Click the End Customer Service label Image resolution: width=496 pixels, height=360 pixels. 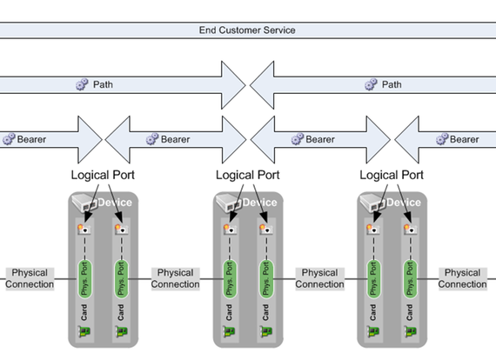click(247, 30)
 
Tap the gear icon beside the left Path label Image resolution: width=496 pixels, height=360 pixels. click(82, 84)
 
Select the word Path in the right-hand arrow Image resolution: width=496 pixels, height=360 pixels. click(392, 84)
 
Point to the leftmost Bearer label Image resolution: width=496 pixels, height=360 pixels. click(31, 139)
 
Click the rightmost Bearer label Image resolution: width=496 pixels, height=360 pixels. click(464, 139)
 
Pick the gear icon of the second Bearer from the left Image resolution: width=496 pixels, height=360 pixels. click(152, 139)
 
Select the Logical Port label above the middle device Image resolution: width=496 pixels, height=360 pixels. click(248, 175)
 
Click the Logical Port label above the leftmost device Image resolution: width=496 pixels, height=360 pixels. click(103, 175)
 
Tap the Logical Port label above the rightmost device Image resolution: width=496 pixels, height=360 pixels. click(392, 175)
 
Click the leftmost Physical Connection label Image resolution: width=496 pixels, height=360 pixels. click(30, 278)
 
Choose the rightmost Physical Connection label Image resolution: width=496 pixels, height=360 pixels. click(462, 278)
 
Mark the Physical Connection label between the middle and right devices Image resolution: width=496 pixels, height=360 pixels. click(319, 278)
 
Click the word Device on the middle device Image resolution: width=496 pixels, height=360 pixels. click(259, 203)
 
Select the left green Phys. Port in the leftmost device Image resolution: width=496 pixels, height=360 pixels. click(84, 279)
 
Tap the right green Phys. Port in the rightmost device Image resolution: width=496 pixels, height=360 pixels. click(410, 279)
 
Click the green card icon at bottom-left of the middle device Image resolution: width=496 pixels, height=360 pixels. click(230, 331)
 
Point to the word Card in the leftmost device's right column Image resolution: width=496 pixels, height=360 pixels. click(121, 312)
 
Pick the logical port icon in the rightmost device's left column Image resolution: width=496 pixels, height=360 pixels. click(373, 230)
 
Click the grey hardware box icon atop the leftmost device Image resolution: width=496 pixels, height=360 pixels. click(84, 203)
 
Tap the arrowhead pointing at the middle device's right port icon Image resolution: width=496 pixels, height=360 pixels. click(265, 217)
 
